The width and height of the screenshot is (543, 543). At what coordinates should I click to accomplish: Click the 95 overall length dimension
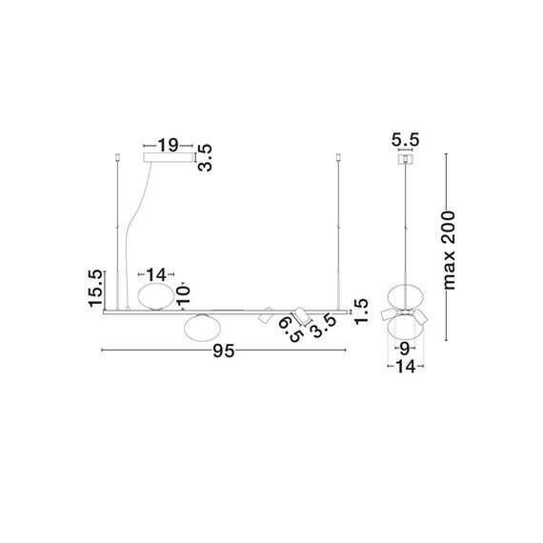pyautogui.click(x=224, y=351)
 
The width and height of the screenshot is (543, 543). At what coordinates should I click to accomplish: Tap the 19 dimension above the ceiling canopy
pyautogui.click(x=168, y=146)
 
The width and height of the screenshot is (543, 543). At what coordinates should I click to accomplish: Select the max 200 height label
pyautogui.click(x=449, y=250)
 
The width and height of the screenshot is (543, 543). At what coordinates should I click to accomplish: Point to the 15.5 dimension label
pyautogui.click(x=95, y=288)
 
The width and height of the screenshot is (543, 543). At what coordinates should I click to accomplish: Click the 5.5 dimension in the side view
pyautogui.click(x=405, y=139)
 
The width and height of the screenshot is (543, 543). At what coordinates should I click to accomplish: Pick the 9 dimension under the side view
pyautogui.click(x=405, y=349)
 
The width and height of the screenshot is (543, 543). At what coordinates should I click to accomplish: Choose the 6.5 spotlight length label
pyautogui.click(x=291, y=330)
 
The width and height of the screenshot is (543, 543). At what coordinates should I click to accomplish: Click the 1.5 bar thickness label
pyautogui.click(x=361, y=312)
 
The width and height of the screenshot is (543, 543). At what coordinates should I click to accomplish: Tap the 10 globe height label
pyautogui.click(x=183, y=295)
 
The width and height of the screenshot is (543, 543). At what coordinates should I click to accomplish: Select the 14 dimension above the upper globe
pyautogui.click(x=156, y=274)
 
